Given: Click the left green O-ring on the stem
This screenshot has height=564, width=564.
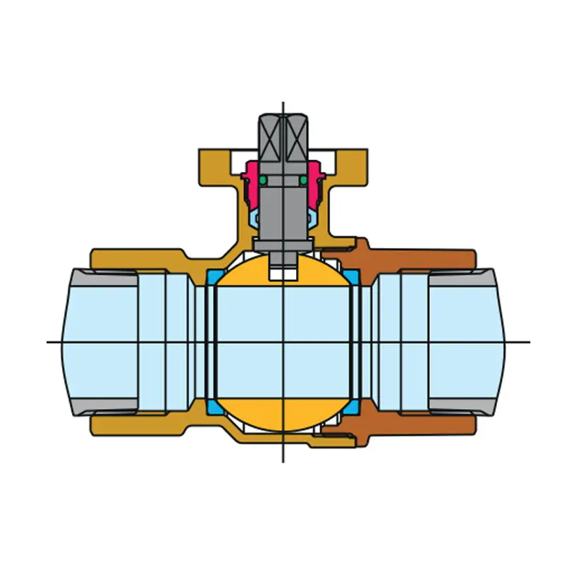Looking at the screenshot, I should pyautogui.click(x=262, y=182).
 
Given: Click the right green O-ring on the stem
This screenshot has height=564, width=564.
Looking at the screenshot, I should pyautogui.click(x=303, y=182).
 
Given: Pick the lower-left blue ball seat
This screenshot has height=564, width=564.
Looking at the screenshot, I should pyautogui.click(x=214, y=407).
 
